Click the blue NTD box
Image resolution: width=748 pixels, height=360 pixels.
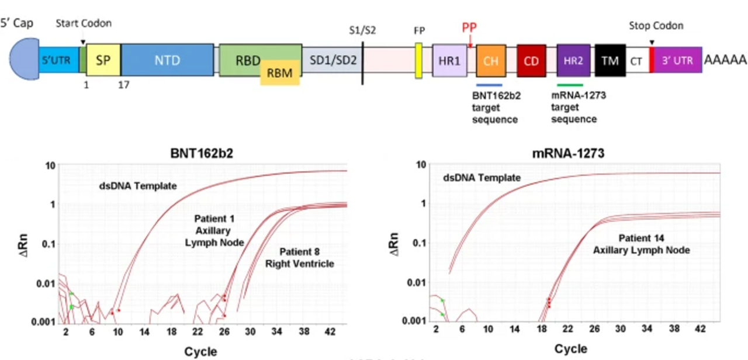[x=167, y=60]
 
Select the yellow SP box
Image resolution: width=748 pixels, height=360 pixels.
[x=103, y=60]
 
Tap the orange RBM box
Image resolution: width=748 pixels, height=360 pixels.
[x=280, y=72]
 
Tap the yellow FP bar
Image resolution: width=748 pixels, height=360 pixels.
[x=419, y=60]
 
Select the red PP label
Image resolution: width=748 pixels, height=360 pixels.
[x=469, y=28]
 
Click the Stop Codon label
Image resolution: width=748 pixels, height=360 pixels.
[x=656, y=26]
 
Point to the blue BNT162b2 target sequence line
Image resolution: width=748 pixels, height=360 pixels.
[x=487, y=85]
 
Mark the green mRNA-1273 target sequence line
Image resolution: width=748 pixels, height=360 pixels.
[x=570, y=85]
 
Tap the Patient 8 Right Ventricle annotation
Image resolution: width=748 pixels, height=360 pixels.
[x=299, y=258]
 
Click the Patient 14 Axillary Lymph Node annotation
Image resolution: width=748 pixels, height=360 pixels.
[x=641, y=244]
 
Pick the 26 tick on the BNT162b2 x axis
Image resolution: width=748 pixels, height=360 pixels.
[x=224, y=332]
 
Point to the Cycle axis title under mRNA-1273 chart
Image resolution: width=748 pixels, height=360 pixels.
[x=570, y=349]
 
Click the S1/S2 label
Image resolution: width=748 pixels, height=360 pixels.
[x=361, y=30]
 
